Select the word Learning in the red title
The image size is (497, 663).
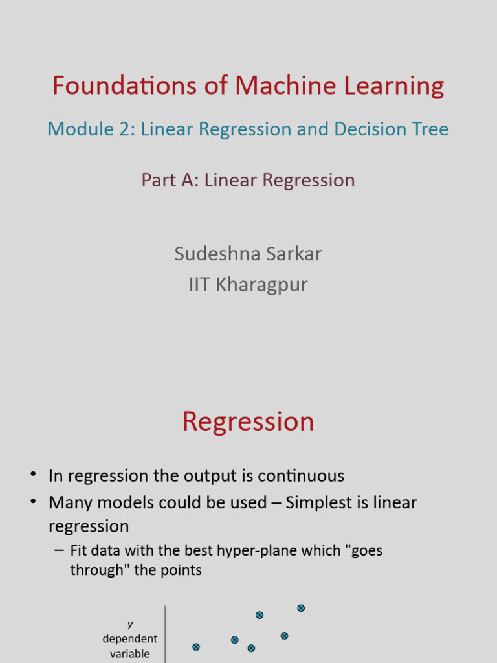click(401, 85)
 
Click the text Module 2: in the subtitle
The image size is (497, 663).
click(91, 129)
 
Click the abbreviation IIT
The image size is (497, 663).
click(199, 284)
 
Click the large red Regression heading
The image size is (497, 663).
click(248, 421)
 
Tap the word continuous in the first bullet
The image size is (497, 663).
click(301, 476)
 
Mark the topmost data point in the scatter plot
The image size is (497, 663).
click(301, 608)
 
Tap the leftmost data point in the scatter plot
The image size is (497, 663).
click(196, 647)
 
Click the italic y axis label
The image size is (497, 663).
click(130, 624)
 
